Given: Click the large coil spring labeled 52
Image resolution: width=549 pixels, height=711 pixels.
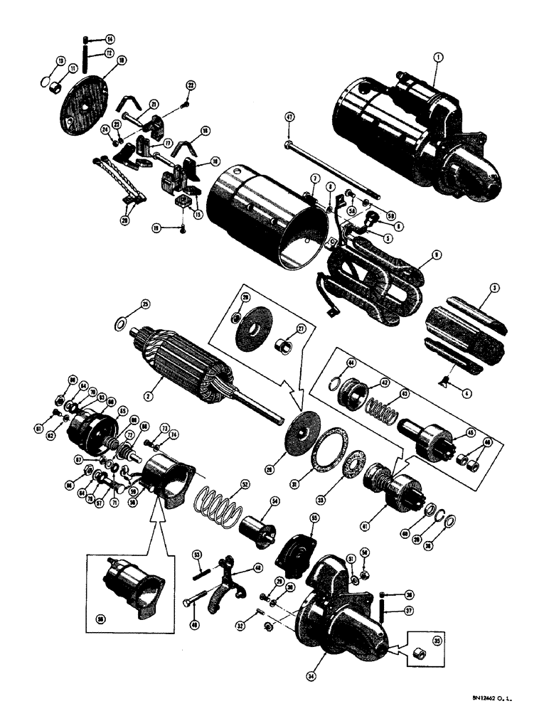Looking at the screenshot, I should point(223,506).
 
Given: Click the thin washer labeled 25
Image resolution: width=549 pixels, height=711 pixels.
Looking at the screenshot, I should point(123,325).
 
